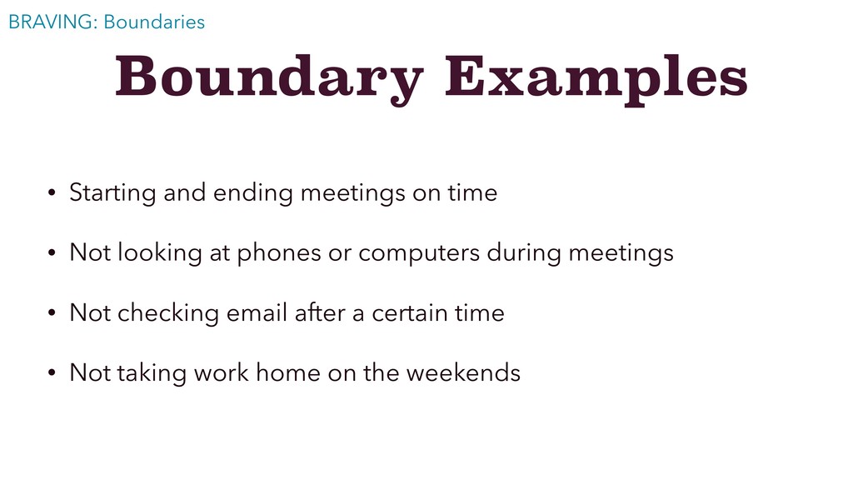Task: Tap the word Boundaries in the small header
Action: coord(154,22)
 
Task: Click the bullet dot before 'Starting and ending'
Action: coord(52,192)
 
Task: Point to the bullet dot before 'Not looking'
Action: coord(52,252)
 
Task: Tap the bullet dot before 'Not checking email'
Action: coord(52,313)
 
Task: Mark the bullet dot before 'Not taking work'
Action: coord(52,372)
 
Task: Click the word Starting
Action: coord(112,193)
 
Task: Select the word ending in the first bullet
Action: coord(253,193)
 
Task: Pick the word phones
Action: coord(279,253)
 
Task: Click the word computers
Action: coord(419,254)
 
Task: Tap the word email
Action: coord(257,313)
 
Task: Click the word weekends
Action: coord(463,372)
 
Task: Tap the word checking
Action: coord(168,314)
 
